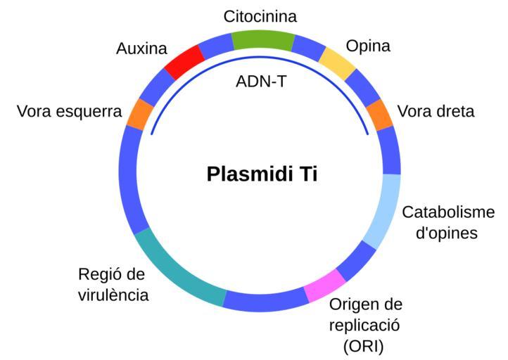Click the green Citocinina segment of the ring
click(262, 41)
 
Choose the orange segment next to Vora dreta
click(381, 115)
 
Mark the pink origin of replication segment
click(324, 285)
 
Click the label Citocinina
click(260, 15)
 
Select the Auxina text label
click(141, 49)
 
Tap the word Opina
click(368, 46)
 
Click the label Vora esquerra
click(70, 111)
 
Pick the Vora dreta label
click(436, 111)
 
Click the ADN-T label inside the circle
click(262, 81)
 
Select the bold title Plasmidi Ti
click(262, 174)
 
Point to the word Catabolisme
click(448, 212)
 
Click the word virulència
click(113, 295)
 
